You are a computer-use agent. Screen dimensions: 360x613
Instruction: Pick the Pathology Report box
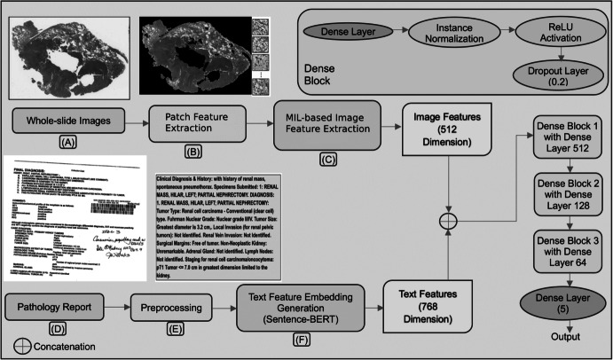[x=55, y=306]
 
